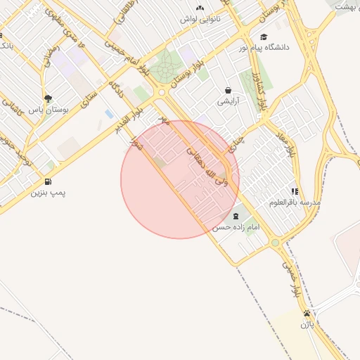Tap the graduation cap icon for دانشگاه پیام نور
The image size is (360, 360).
click(264, 37)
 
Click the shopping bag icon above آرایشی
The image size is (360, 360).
click(229, 91)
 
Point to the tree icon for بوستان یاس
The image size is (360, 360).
click(47, 99)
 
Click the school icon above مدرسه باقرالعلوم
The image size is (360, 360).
click(294, 191)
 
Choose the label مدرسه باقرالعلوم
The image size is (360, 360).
click(295, 202)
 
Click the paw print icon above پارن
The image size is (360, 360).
click(307, 314)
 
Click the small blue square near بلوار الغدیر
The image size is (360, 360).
click(109, 113)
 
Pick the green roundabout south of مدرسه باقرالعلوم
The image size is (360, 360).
click(275, 243)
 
